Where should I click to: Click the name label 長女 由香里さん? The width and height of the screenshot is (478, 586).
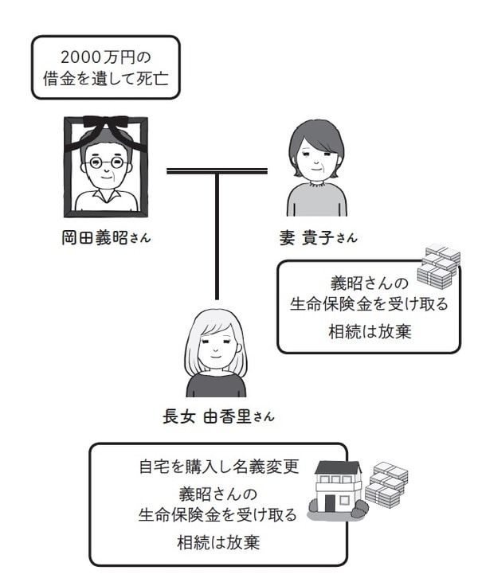tap(217, 416)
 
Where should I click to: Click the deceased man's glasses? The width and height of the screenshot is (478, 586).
tap(106, 165)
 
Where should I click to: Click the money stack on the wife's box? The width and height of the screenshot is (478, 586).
tap(439, 266)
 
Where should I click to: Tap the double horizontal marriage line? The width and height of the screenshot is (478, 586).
tap(217, 170)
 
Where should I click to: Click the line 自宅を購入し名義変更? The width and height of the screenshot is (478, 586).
tap(217, 467)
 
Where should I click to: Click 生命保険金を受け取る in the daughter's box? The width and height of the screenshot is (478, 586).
tap(217, 515)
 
